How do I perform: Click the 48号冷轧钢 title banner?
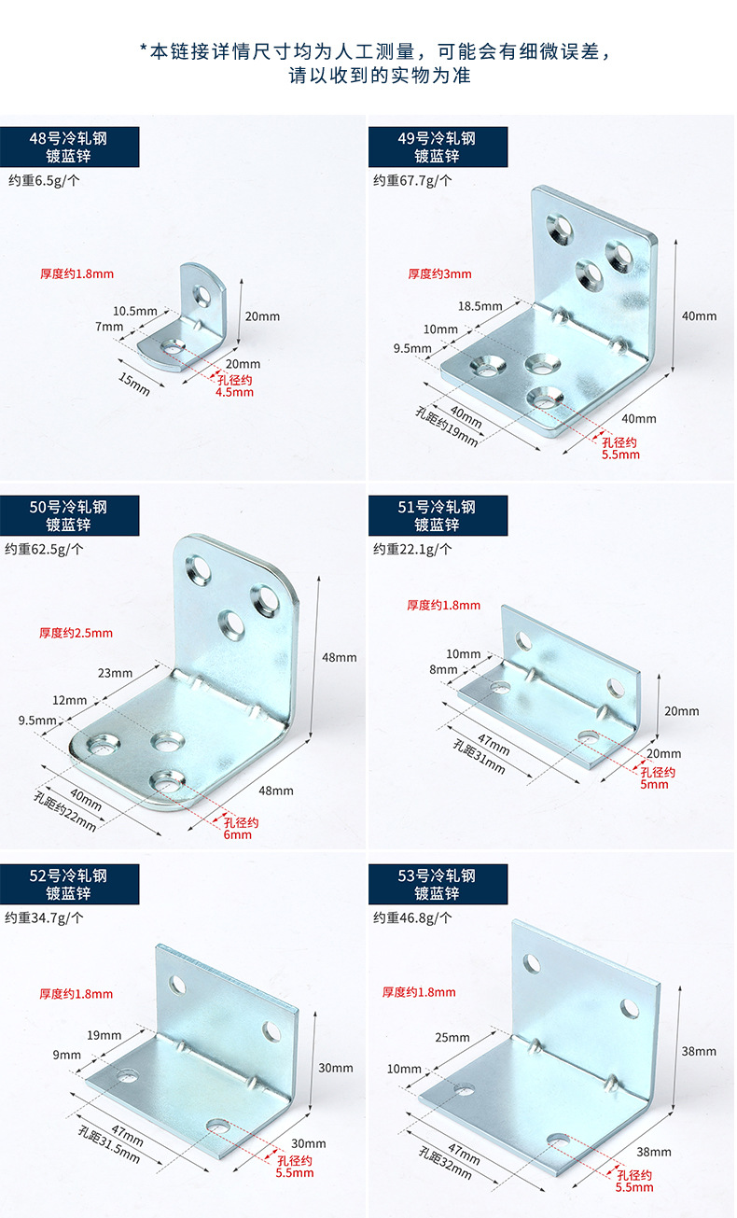pyautogui.click(x=69, y=147)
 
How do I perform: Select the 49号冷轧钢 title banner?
pyautogui.click(x=438, y=147)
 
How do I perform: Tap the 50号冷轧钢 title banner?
pyautogui.click(x=69, y=515)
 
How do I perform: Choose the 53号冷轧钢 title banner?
pyautogui.click(x=438, y=884)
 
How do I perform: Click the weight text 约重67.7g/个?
pyautogui.click(x=412, y=180)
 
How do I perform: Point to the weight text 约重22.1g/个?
pyautogui.click(x=412, y=549)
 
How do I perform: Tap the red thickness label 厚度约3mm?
pyautogui.click(x=439, y=273)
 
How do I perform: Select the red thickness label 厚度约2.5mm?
pyautogui.click(x=76, y=633)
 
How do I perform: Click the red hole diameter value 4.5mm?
pyautogui.click(x=234, y=392)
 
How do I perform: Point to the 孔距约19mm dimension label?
pyautogui.click(x=447, y=427)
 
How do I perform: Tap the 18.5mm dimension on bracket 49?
pyautogui.click(x=480, y=305)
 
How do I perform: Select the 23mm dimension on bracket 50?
pyautogui.click(x=115, y=672)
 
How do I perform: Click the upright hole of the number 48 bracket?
pyautogui.click(x=201, y=297)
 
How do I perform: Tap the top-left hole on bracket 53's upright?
pyautogui.click(x=533, y=962)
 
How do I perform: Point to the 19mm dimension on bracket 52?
pyautogui.click(x=104, y=1035)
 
